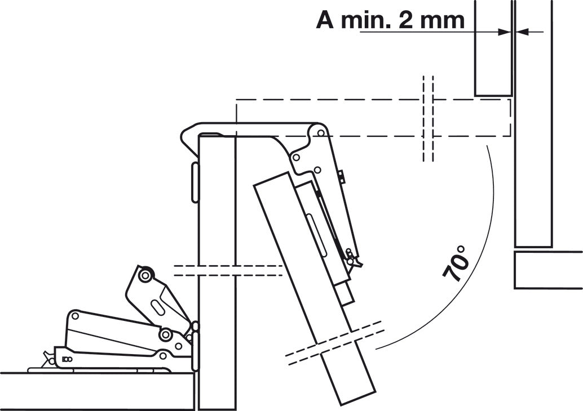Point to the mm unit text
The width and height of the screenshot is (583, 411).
point(443,21)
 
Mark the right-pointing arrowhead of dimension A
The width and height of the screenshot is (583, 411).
point(505,32)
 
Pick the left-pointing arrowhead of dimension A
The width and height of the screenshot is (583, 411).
point(522,32)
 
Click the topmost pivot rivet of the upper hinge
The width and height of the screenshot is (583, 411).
point(320,133)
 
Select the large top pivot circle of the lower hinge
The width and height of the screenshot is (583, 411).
point(145,275)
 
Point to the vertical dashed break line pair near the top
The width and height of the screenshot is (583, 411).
point(428,118)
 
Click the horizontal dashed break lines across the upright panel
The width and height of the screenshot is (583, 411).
point(228,270)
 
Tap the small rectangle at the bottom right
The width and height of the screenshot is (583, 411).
point(548,270)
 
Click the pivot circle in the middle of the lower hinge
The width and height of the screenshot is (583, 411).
point(165,335)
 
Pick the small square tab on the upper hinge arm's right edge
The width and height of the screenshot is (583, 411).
point(342,176)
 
